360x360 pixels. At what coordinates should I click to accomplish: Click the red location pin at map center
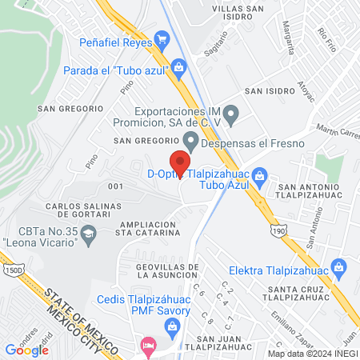coord(180,163)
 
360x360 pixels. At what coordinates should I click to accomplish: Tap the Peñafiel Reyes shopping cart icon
coord(162,38)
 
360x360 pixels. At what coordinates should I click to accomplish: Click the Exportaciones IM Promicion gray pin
coord(232,116)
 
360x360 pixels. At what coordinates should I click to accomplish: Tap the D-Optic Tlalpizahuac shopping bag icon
coord(259,175)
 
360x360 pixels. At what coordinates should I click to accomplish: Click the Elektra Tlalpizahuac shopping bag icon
coord(338,265)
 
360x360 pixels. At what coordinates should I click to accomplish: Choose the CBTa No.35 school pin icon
coord(90,234)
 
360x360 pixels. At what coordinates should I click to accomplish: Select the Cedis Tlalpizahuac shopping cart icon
coord(171,326)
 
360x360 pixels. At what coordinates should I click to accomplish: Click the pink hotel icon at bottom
coord(148,346)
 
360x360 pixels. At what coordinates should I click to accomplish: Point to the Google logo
coord(27,350)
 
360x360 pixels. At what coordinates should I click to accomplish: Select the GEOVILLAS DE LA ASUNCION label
coord(156,270)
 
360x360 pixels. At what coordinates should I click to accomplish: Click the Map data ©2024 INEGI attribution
coord(313,353)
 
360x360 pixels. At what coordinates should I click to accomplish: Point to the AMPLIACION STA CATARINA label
coord(154,230)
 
